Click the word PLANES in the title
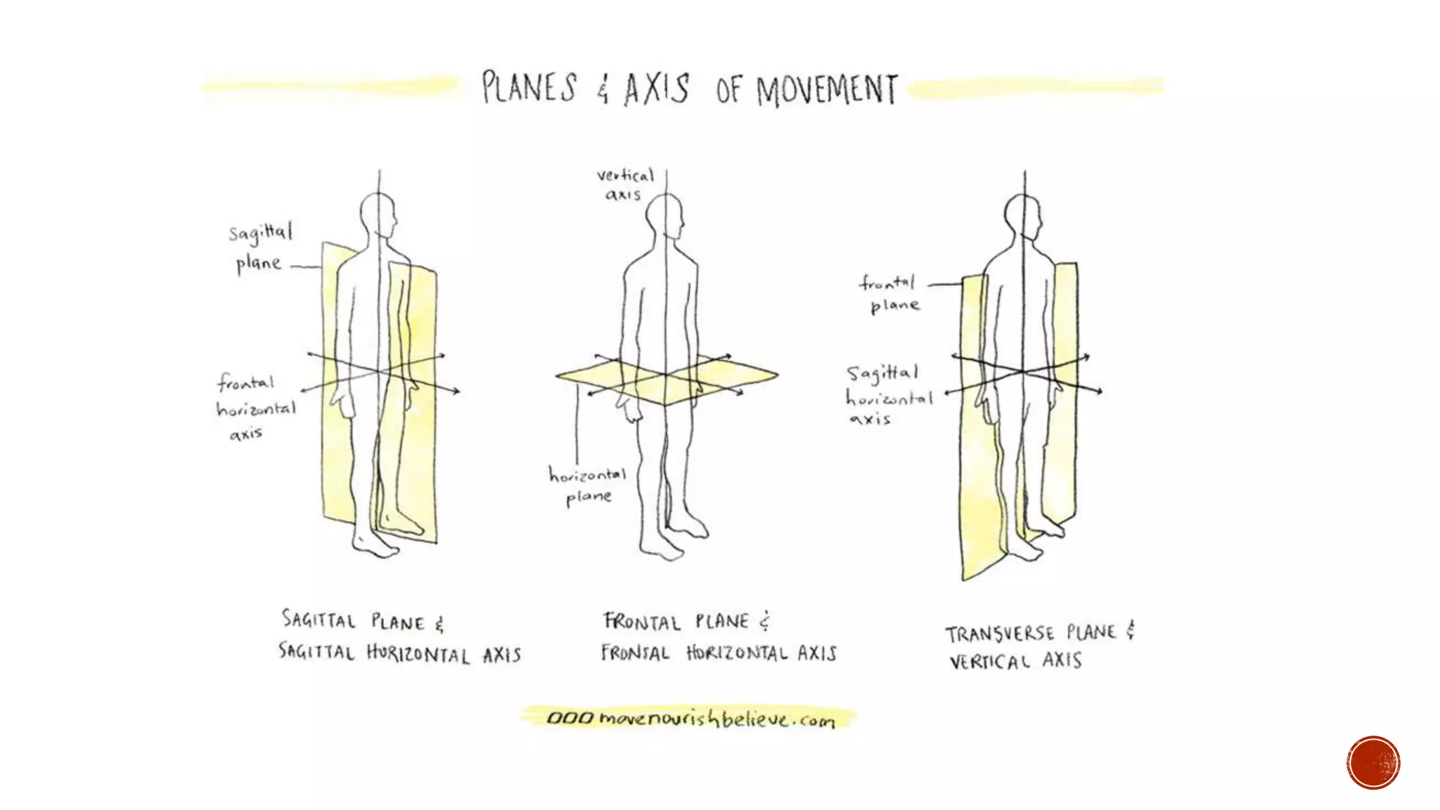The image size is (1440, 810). tap(529, 89)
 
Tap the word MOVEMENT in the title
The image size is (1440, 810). tap(827, 91)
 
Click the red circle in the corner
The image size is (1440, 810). tap(1373, 762)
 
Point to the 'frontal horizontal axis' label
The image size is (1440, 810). tap(255, 409)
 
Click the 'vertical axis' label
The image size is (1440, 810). tap(625, 184)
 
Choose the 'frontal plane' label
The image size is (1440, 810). tap(889, 294)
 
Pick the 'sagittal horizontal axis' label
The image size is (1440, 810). tap(887, 395)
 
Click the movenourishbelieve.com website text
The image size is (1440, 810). tap(690, 719)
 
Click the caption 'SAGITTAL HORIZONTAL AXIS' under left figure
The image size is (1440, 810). tap(399, 653)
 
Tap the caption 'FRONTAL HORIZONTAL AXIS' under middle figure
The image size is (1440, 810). tap(719, 653)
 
